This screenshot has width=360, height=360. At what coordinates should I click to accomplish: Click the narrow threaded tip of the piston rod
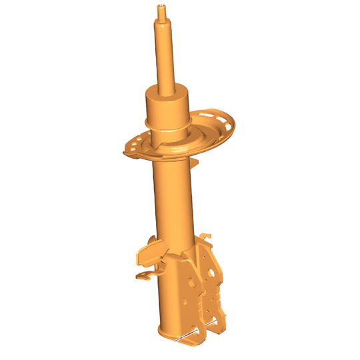161,9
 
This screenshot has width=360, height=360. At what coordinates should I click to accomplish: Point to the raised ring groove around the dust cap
166,124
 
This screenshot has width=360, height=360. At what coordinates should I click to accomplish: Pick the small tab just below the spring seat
195,161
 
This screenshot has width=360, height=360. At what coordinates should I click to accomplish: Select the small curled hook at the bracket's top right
207,234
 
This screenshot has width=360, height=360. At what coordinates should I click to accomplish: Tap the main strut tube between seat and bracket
172,200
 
